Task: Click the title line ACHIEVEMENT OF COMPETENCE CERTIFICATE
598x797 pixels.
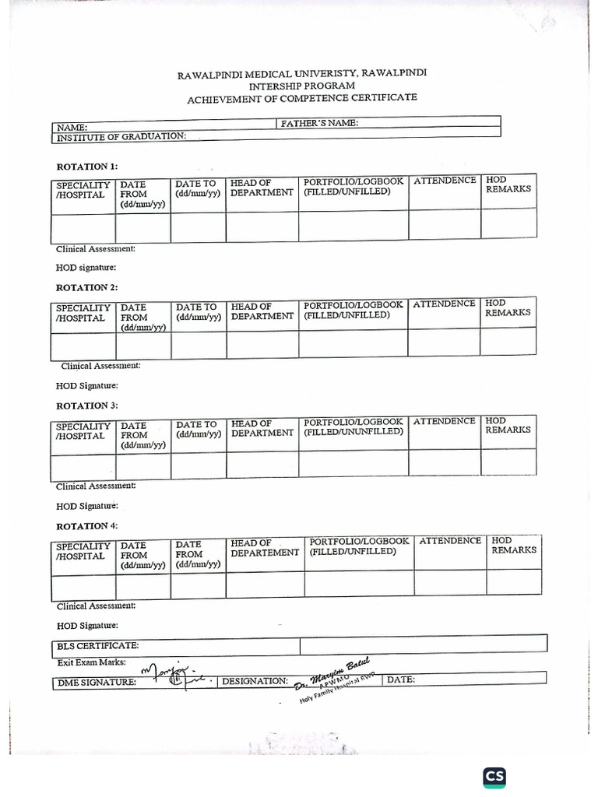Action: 301,98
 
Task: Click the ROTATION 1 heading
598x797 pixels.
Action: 87,167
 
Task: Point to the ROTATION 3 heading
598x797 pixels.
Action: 87,406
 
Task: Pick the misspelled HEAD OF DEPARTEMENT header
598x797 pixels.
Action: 265,547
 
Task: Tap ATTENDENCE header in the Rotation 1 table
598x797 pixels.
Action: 445,181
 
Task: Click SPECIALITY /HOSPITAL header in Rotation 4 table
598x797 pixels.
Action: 83,551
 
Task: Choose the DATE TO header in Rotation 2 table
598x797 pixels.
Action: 197,312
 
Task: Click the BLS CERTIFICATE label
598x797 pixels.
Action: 98,646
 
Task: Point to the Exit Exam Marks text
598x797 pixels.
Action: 91,662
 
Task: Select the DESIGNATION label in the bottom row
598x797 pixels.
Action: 255,681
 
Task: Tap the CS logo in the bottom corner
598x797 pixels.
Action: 494,776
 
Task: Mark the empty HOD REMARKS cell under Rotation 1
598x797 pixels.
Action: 508,225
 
